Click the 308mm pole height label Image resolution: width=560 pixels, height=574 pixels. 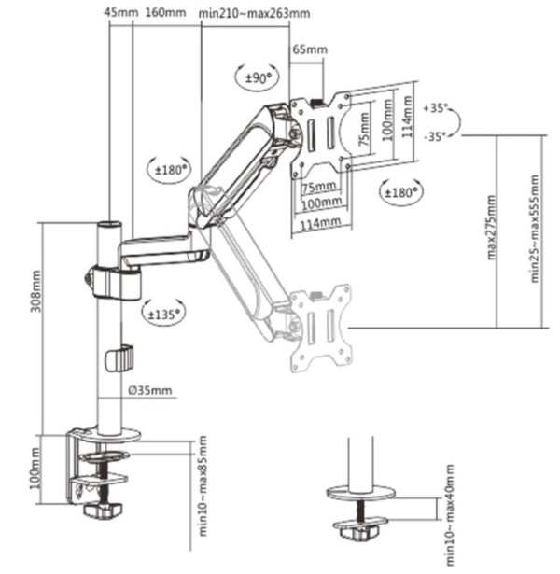coord(35,294)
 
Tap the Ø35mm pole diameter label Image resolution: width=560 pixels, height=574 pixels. coord(148,390)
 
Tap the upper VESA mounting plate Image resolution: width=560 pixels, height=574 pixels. coord(320,134)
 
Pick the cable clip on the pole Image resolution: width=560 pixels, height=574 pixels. coord(119,357)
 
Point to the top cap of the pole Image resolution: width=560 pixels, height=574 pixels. coord(110,226)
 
